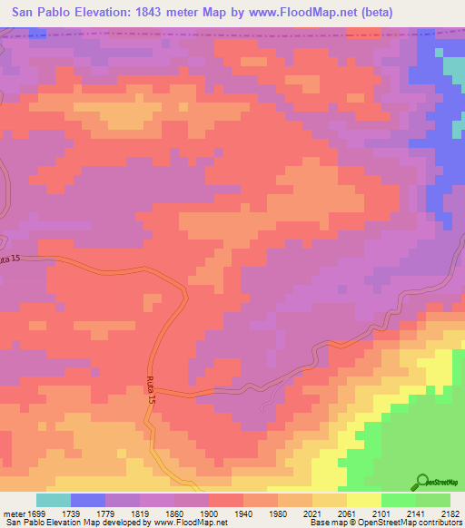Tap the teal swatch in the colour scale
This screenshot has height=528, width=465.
[54, 500]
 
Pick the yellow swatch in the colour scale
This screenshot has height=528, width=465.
[363, 500]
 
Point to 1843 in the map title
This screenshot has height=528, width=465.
[146, 13]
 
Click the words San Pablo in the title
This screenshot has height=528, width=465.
[42, 13]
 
